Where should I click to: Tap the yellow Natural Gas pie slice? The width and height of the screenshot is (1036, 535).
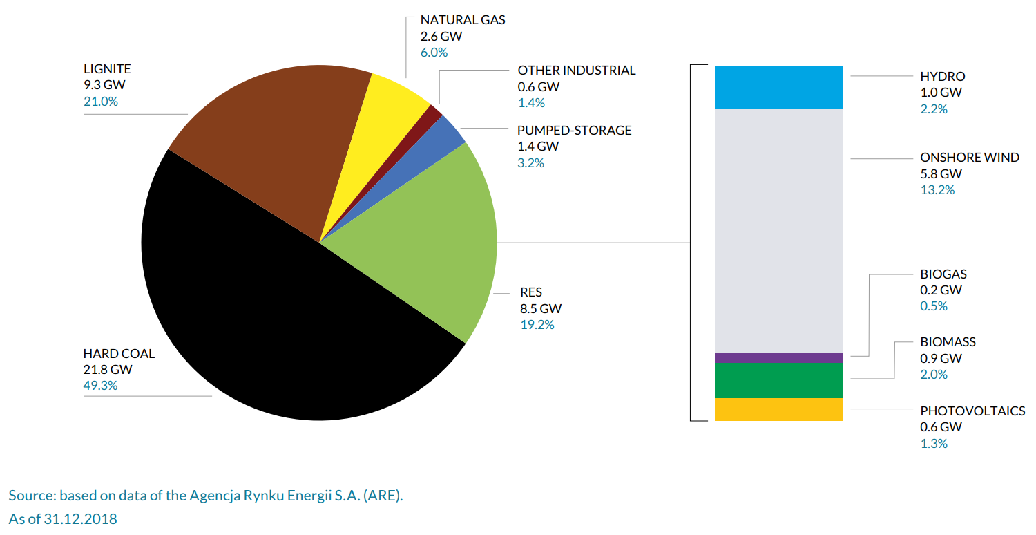pos(387,118)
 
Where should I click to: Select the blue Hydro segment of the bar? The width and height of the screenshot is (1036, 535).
pos(778,87)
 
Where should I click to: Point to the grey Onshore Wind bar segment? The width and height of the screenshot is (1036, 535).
pos(778,228)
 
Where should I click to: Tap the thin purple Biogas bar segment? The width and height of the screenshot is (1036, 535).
pos(778,357)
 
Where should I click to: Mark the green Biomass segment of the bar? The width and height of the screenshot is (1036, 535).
pos(778,380)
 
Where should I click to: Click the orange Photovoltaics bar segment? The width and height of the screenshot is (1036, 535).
pos(778,409)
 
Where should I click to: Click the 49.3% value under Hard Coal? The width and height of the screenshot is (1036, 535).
pos(100,386)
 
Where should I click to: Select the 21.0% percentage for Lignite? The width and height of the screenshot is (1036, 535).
pos(101,102)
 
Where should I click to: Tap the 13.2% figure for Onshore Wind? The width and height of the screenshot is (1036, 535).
pos(937,190)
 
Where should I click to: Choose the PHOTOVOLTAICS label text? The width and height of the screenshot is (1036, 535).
pos(972,411)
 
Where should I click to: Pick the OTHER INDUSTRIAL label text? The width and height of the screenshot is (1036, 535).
pos(577,71)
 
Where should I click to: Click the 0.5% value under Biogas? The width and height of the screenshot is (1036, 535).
pos(934,306)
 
